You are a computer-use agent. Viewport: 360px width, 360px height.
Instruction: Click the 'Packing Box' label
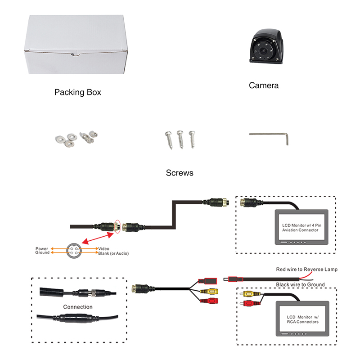pos(77,92)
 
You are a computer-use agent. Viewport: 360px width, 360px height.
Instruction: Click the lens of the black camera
pos(263,52)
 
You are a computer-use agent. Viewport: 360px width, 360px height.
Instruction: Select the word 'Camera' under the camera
pos(264,85)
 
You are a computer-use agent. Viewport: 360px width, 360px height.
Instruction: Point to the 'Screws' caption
pos(180,173)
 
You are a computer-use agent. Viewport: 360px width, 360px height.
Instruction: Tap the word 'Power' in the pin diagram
pos(42,248)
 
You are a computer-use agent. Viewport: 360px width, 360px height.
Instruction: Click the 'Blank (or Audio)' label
pos(113,254)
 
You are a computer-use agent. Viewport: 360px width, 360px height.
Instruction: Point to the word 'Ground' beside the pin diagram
pos(42,253)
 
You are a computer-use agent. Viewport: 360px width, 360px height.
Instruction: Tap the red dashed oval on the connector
pos(118,227)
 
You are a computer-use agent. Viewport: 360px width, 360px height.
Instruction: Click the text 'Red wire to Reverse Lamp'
pos(306,269)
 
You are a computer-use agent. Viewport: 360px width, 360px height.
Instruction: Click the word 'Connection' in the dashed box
pos(78,307)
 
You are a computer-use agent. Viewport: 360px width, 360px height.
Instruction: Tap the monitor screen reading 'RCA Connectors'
pos(300,319)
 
